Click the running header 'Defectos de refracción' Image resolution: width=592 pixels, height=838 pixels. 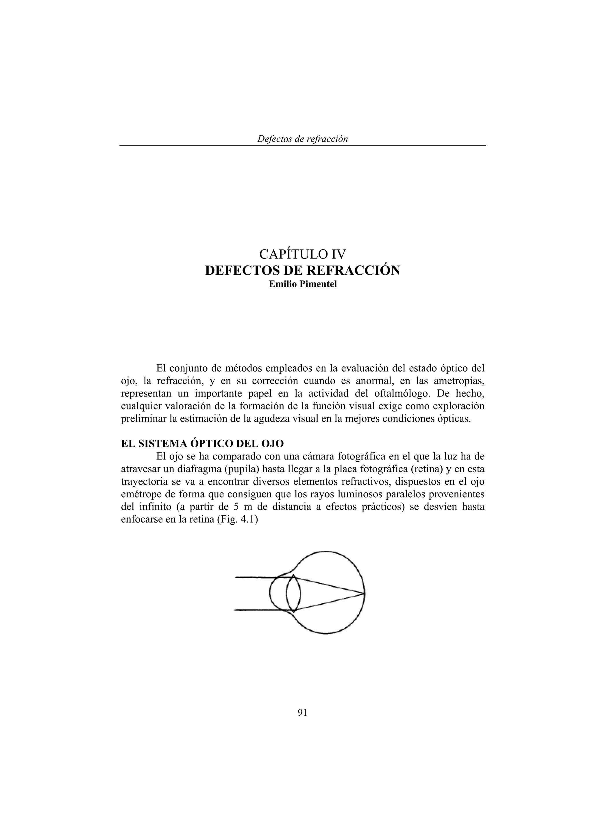(302, 139)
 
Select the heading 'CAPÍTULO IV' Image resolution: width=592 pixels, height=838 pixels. (302, 253)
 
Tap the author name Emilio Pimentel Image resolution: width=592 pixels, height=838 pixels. (302, 284)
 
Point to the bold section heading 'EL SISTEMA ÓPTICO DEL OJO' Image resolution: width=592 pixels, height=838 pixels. (202, 444)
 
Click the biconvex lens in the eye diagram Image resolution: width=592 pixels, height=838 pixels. (294, 594)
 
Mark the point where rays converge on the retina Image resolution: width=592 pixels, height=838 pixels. (364, 593)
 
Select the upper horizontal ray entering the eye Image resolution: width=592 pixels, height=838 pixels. (255, 577)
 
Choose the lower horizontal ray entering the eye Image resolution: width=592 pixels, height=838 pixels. (255, 610)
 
